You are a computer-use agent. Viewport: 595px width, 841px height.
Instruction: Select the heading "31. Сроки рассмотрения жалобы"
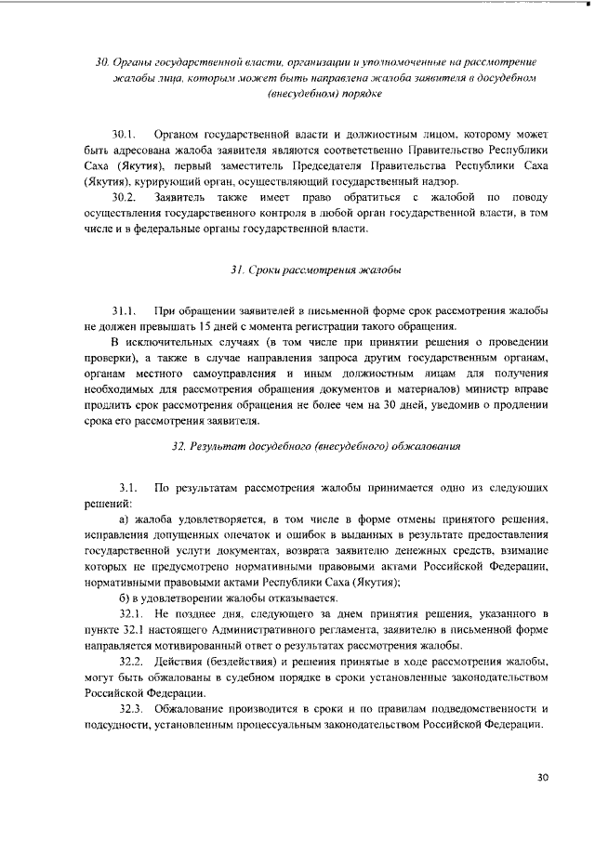(x=315, y=269)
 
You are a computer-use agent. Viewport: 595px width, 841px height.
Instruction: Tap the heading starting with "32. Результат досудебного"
(x=316, y=447)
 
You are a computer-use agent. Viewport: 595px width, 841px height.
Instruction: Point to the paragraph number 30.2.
(x=125, y=197)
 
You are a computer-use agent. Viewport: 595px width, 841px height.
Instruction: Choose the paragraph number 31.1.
(x=125, y=309)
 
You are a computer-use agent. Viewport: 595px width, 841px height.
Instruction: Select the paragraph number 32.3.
(x=134, y=709)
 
